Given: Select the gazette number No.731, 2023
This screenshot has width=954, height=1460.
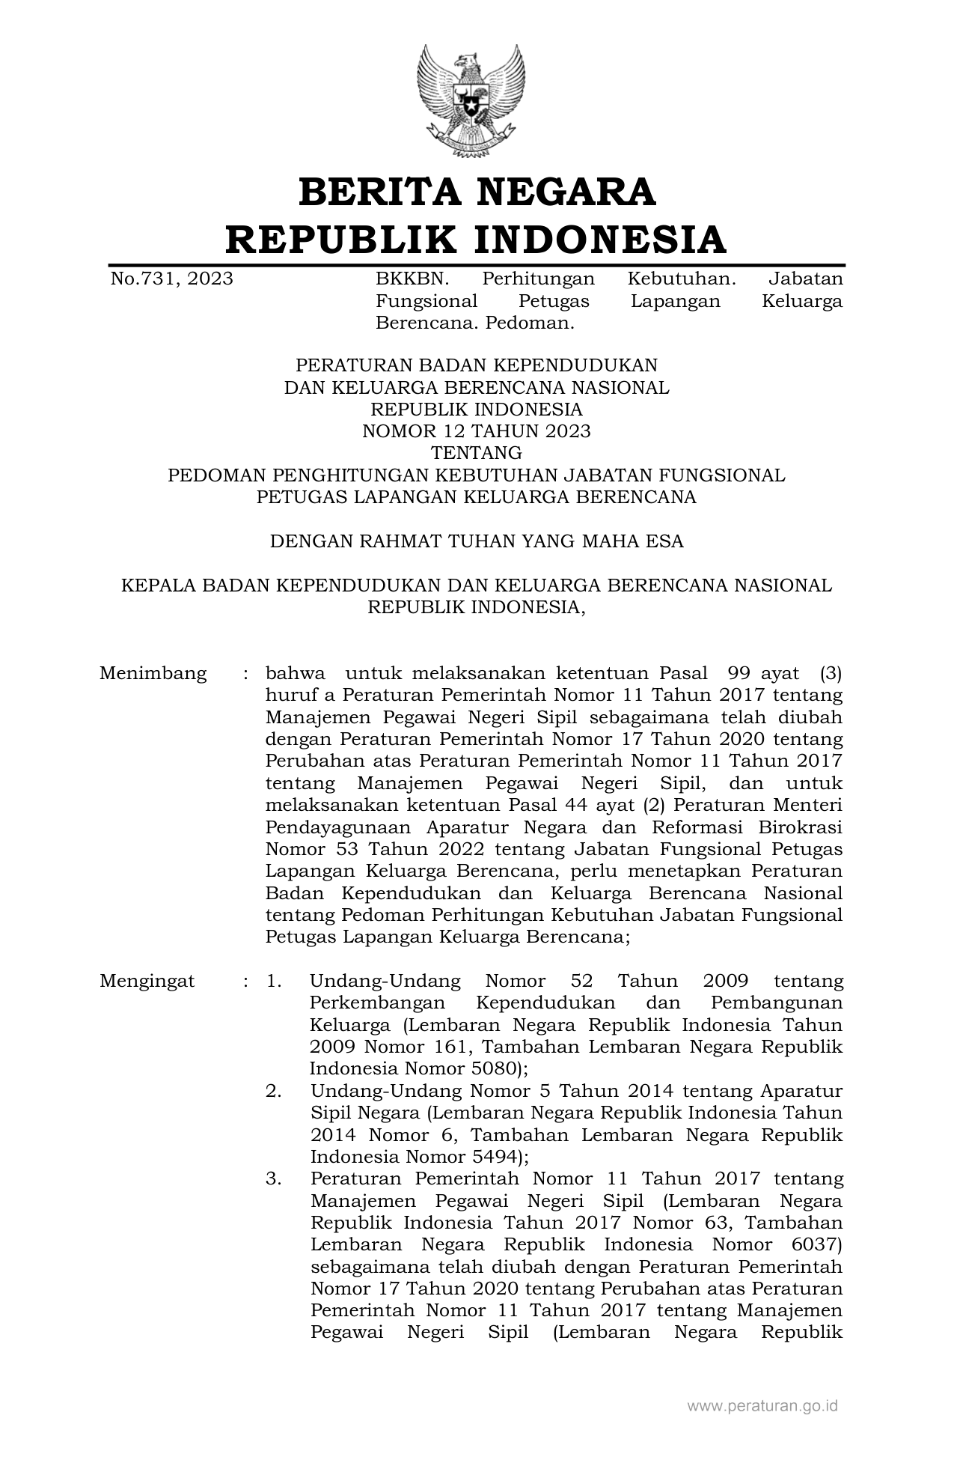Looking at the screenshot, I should (171, 279).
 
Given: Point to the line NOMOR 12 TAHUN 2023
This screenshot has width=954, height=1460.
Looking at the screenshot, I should (476, 431).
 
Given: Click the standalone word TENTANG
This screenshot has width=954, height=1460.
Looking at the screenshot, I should (476, 453).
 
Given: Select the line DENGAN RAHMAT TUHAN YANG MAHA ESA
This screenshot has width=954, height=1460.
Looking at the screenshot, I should (476, 541).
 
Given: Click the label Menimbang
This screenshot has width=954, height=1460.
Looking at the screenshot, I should (153, 673).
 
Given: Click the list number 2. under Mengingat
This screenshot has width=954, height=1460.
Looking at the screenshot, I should (274, 1091).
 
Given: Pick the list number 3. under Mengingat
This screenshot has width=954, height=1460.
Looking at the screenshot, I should (274, 1178).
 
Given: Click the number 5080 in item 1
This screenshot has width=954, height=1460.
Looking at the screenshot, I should (486, 1068).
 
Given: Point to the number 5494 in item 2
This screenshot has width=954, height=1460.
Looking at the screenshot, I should (486, 1156).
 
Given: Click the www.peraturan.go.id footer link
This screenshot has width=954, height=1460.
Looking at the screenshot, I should (762, 1406).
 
